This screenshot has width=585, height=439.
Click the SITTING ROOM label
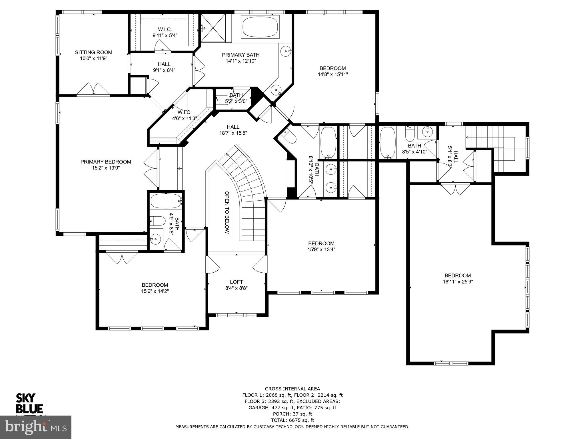(93, 52)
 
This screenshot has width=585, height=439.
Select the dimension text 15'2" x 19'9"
(106, 168)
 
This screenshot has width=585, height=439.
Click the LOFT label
(236, 282)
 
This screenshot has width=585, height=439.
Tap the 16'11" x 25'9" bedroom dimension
(458, 282)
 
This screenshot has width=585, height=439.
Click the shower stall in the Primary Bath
(213, 28)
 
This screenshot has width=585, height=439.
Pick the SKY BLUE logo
(29, 403)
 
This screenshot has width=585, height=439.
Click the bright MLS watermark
(36, 427)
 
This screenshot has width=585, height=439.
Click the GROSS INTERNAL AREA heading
(292, 389)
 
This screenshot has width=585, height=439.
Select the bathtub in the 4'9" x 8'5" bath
(165, 201)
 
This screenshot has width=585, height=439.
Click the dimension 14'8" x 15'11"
(332, 74)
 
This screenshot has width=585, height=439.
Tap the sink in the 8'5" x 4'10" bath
(427, 132)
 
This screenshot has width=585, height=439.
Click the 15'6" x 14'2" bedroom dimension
(155, 291)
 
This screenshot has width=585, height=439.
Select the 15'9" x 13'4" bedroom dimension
(321, 249)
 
